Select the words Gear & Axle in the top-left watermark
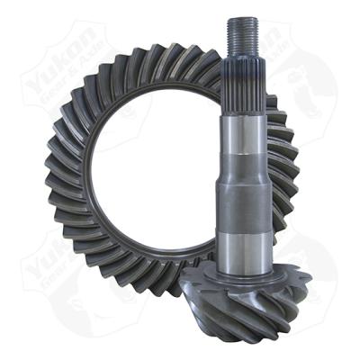point(76,85)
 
